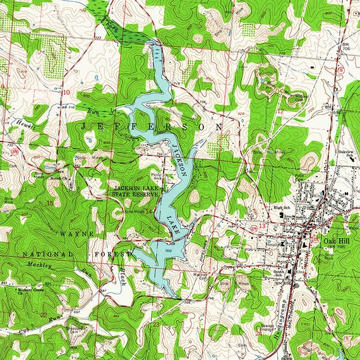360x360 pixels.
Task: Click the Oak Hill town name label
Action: [x=335, y=241]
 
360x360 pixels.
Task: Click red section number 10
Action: [x=67, y=92]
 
